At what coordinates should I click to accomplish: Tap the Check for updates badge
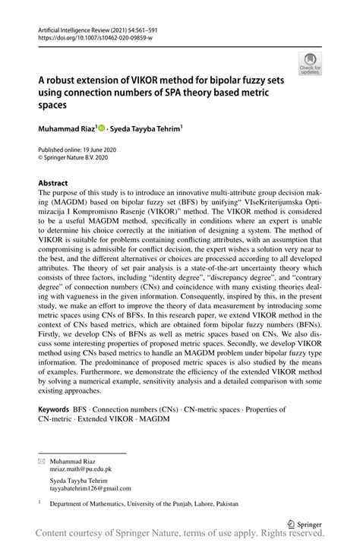(310, 65)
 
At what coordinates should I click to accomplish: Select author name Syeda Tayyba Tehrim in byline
(149, 131)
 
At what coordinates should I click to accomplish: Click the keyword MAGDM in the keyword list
(155, 419)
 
